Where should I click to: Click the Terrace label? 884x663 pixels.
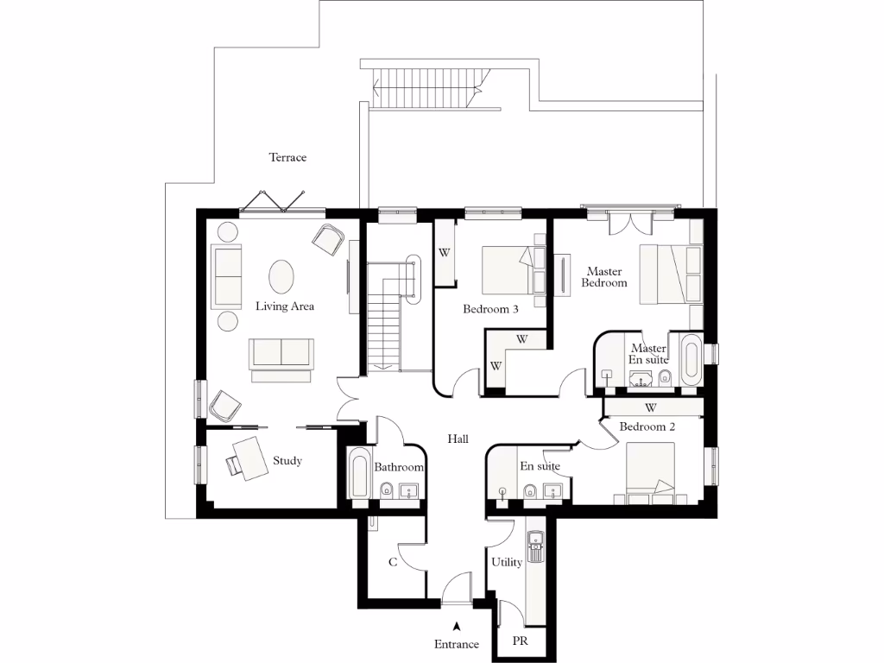[287, 158]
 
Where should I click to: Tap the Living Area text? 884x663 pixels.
[284, 306]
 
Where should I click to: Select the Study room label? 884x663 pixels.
[287, 461]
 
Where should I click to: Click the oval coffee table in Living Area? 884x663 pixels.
[282, 278]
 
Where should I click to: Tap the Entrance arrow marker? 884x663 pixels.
[457, 628]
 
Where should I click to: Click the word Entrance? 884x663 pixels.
[456, 644]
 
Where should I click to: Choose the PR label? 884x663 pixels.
[520, 641]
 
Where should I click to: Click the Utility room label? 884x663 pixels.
[506, 563]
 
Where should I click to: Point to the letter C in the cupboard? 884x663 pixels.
[392, 563]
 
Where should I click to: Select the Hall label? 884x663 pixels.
[458, 439]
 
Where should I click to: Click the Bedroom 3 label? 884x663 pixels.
[490, 309]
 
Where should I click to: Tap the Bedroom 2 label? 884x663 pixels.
[647, 426]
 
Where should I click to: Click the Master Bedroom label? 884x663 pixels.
[604, 277]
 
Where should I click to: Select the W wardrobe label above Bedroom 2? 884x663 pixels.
[650, 407]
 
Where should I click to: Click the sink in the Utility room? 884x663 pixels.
[537, 544]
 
